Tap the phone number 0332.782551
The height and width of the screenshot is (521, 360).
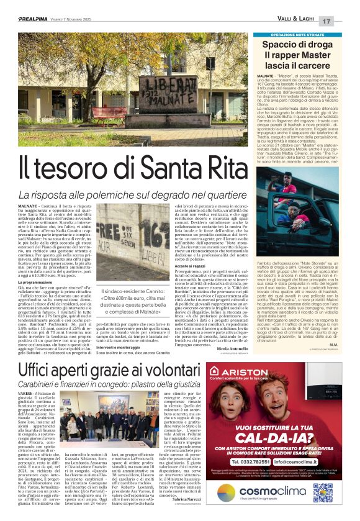pyautogui.click(x=271, y=444)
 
